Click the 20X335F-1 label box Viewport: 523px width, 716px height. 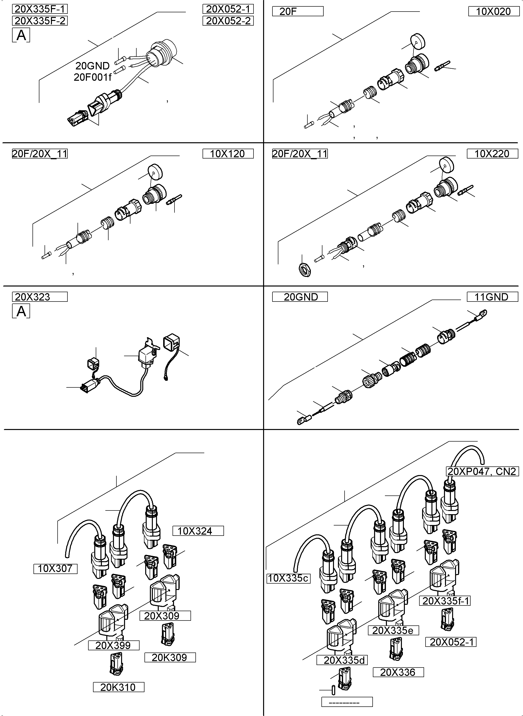tap(40, 9)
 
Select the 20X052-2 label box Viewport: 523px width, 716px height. tap(228, 21)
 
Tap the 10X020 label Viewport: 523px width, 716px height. tap(493, 11)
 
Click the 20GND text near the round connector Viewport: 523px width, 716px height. tap(93, 66)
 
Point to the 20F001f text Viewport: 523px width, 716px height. tap(93, 77)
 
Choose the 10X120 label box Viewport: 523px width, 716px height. tap(228, 154)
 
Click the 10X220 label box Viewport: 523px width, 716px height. tap(492, 154)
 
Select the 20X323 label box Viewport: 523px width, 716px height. tap(40, 297)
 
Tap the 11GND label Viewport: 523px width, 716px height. tap(492, 297)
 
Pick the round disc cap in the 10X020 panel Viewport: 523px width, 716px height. tap(418, 41)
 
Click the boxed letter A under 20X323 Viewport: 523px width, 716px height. tap(21, 311)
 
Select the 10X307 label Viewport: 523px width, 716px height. tap(55, 569)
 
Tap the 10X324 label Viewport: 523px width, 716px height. tap(198, 531)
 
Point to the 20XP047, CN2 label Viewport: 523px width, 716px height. tap(482, 471)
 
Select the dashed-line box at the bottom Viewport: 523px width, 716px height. tap(347, 702)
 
